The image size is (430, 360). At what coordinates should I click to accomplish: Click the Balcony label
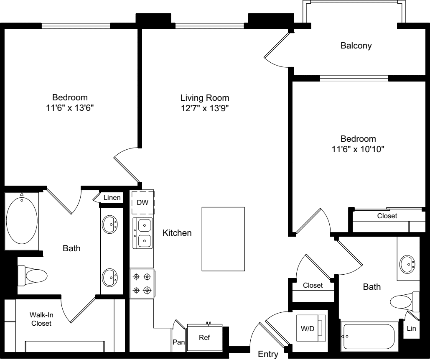(356, 46)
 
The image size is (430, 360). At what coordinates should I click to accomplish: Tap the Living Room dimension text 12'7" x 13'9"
(205, 108)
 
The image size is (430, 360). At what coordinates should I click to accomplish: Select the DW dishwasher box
(142, 202)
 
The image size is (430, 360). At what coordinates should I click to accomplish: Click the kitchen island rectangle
(223, 239)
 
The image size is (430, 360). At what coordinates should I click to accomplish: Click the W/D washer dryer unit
(311, 328)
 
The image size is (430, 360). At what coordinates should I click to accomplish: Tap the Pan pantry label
(178, 342)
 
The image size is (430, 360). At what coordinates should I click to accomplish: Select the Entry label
(268, 354)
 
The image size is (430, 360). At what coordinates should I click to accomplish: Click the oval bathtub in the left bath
(22, 220)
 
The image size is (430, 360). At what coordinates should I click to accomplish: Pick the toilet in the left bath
(32, 276)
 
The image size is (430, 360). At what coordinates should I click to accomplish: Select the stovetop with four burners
(142, 283)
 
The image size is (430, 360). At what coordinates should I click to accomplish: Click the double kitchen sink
(142, 233)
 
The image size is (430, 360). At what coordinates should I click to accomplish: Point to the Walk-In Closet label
(41, 319)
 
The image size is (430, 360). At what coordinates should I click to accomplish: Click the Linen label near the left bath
(112, 197)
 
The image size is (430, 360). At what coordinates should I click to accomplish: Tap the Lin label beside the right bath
(411, 328)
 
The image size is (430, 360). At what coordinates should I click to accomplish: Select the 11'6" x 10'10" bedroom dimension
(358, 149)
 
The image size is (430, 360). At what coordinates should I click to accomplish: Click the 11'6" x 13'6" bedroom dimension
(70, 108)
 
